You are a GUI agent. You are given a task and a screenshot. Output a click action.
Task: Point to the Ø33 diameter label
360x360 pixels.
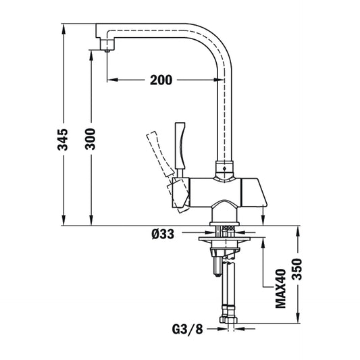(164, 234)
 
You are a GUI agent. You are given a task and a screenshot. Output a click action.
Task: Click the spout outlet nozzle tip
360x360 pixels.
(106, 45)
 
